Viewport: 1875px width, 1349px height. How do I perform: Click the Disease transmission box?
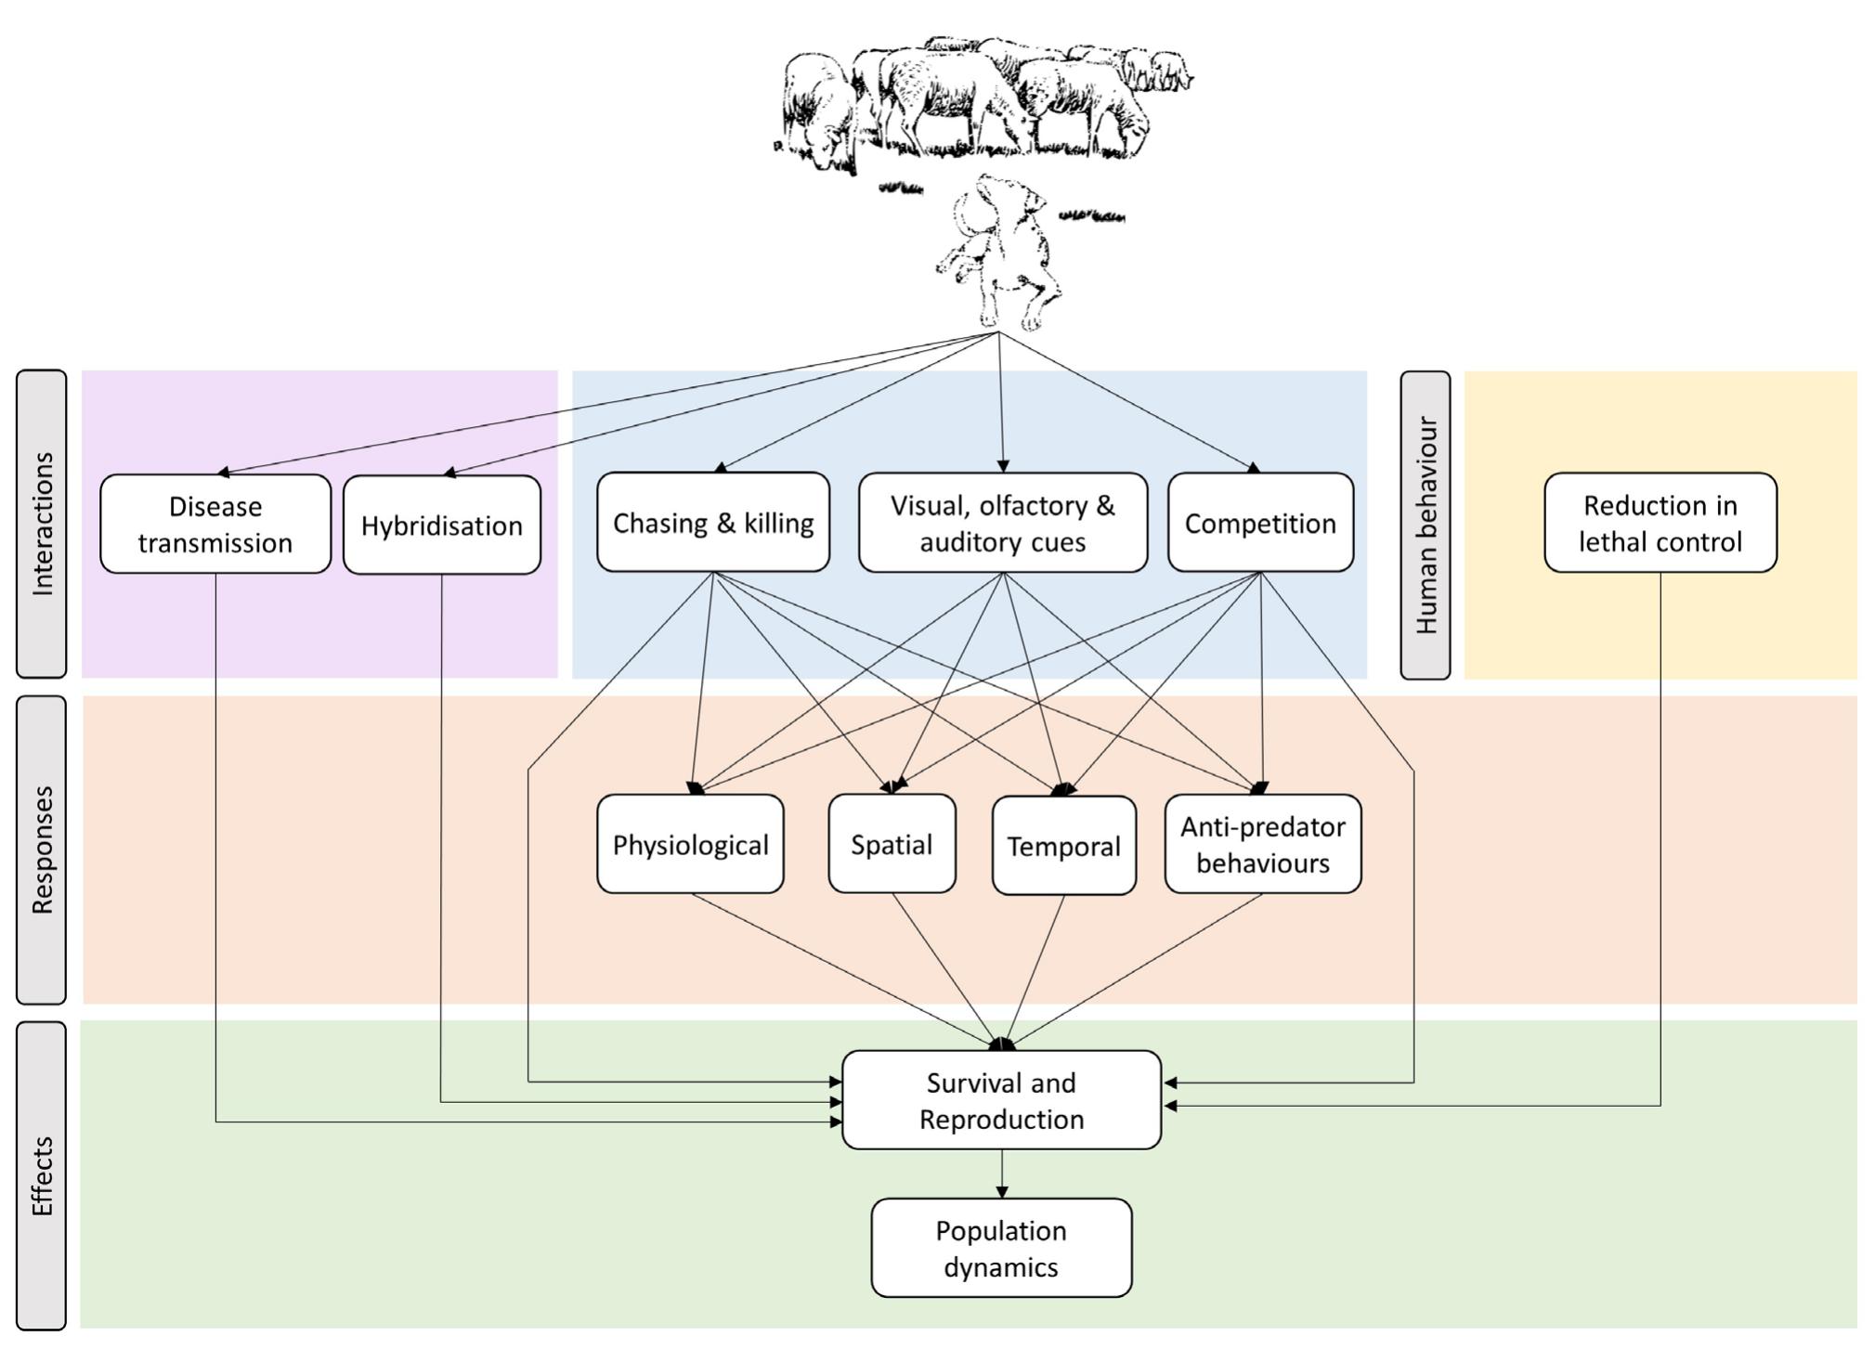tap(215, 524)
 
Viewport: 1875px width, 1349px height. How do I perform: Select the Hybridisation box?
tap(442, 525)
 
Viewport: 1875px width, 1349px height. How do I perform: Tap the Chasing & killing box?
tap(713, 523)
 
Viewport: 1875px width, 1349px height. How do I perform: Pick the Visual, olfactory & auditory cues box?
tap(1003, 523)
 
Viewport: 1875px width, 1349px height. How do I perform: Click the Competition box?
tap(1260, 523)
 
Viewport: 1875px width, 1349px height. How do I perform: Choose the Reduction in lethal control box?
tap(1660, 523)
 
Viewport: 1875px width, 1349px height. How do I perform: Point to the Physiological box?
tap(690, 844)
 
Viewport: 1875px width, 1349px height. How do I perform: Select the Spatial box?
tap(892, 844)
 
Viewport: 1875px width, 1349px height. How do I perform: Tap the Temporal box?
tap(1063, 846)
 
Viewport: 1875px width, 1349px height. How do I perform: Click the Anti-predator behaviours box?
tap(1263, 844)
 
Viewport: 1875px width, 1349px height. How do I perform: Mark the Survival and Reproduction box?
tap(1001, 1100)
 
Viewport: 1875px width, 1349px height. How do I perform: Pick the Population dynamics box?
tap(1001, 1248)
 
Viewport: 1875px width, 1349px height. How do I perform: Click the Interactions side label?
tap(42, 524)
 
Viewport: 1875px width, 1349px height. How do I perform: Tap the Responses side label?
tap(42, 850)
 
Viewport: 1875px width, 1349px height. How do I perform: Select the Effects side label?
tap(42, 1175)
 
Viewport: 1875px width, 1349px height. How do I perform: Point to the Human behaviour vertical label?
tap(1426, 525)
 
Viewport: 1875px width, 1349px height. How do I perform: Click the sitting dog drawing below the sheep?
tap(998, 251)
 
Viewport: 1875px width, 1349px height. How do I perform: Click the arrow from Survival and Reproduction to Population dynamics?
tap(1001, 1174)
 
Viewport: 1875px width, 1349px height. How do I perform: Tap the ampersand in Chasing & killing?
tap(725, 523)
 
